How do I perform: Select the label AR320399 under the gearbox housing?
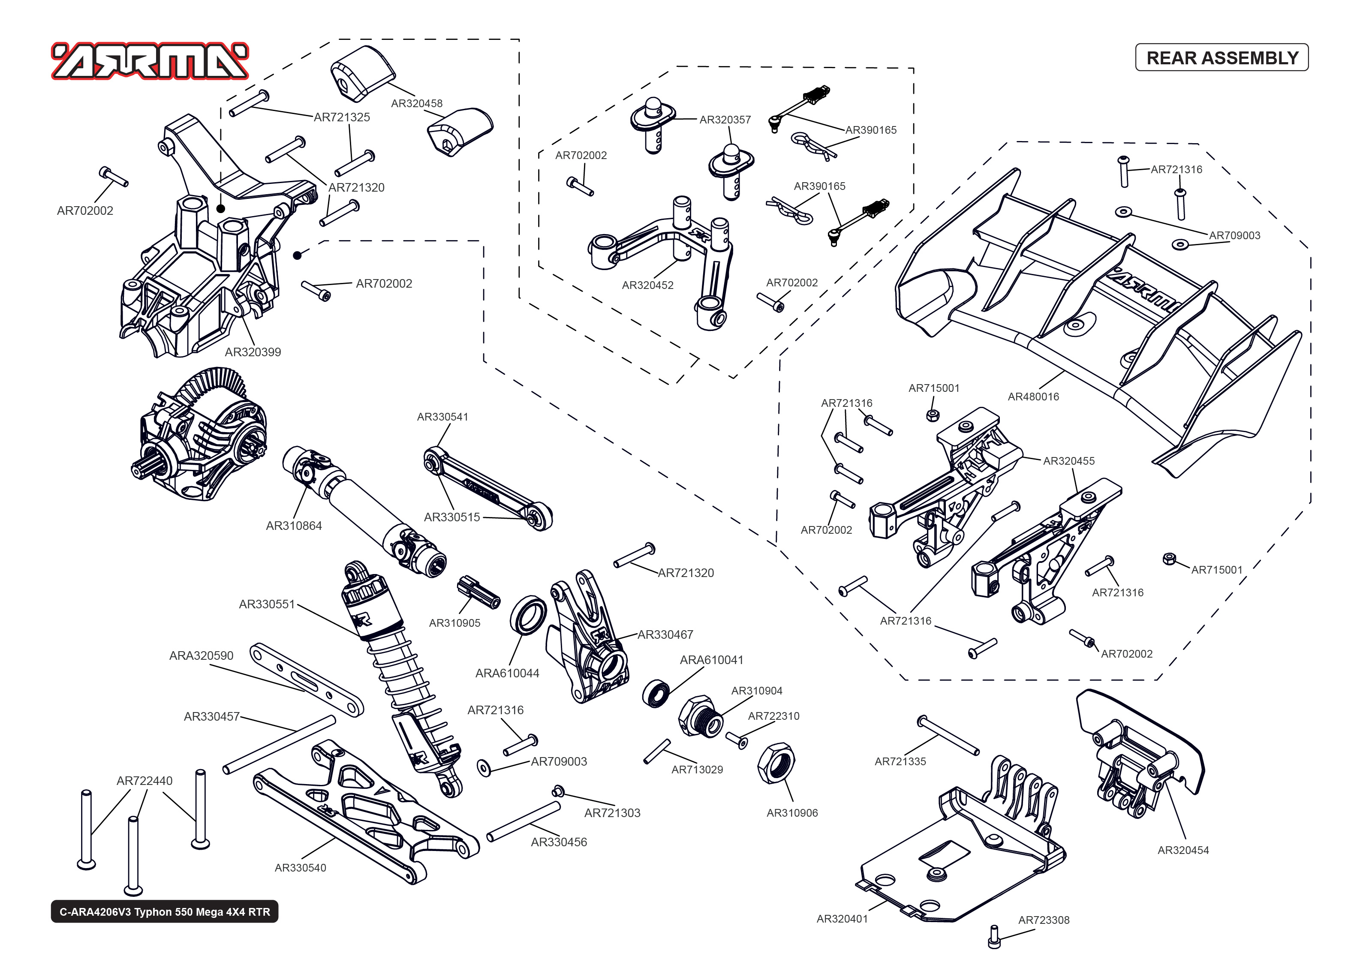tap(253, 352)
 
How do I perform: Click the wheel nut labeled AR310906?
tap(776, 763)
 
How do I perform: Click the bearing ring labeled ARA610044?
tap(528, 616)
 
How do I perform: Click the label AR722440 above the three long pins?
tap(144, 781)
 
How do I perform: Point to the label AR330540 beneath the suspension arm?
tap(300, 868)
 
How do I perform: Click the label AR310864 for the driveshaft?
tap(294, 526)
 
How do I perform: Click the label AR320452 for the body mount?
tap(647, 285)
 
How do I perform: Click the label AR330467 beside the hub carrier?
tap(665, 634)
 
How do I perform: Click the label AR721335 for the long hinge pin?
tap(900, 762)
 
